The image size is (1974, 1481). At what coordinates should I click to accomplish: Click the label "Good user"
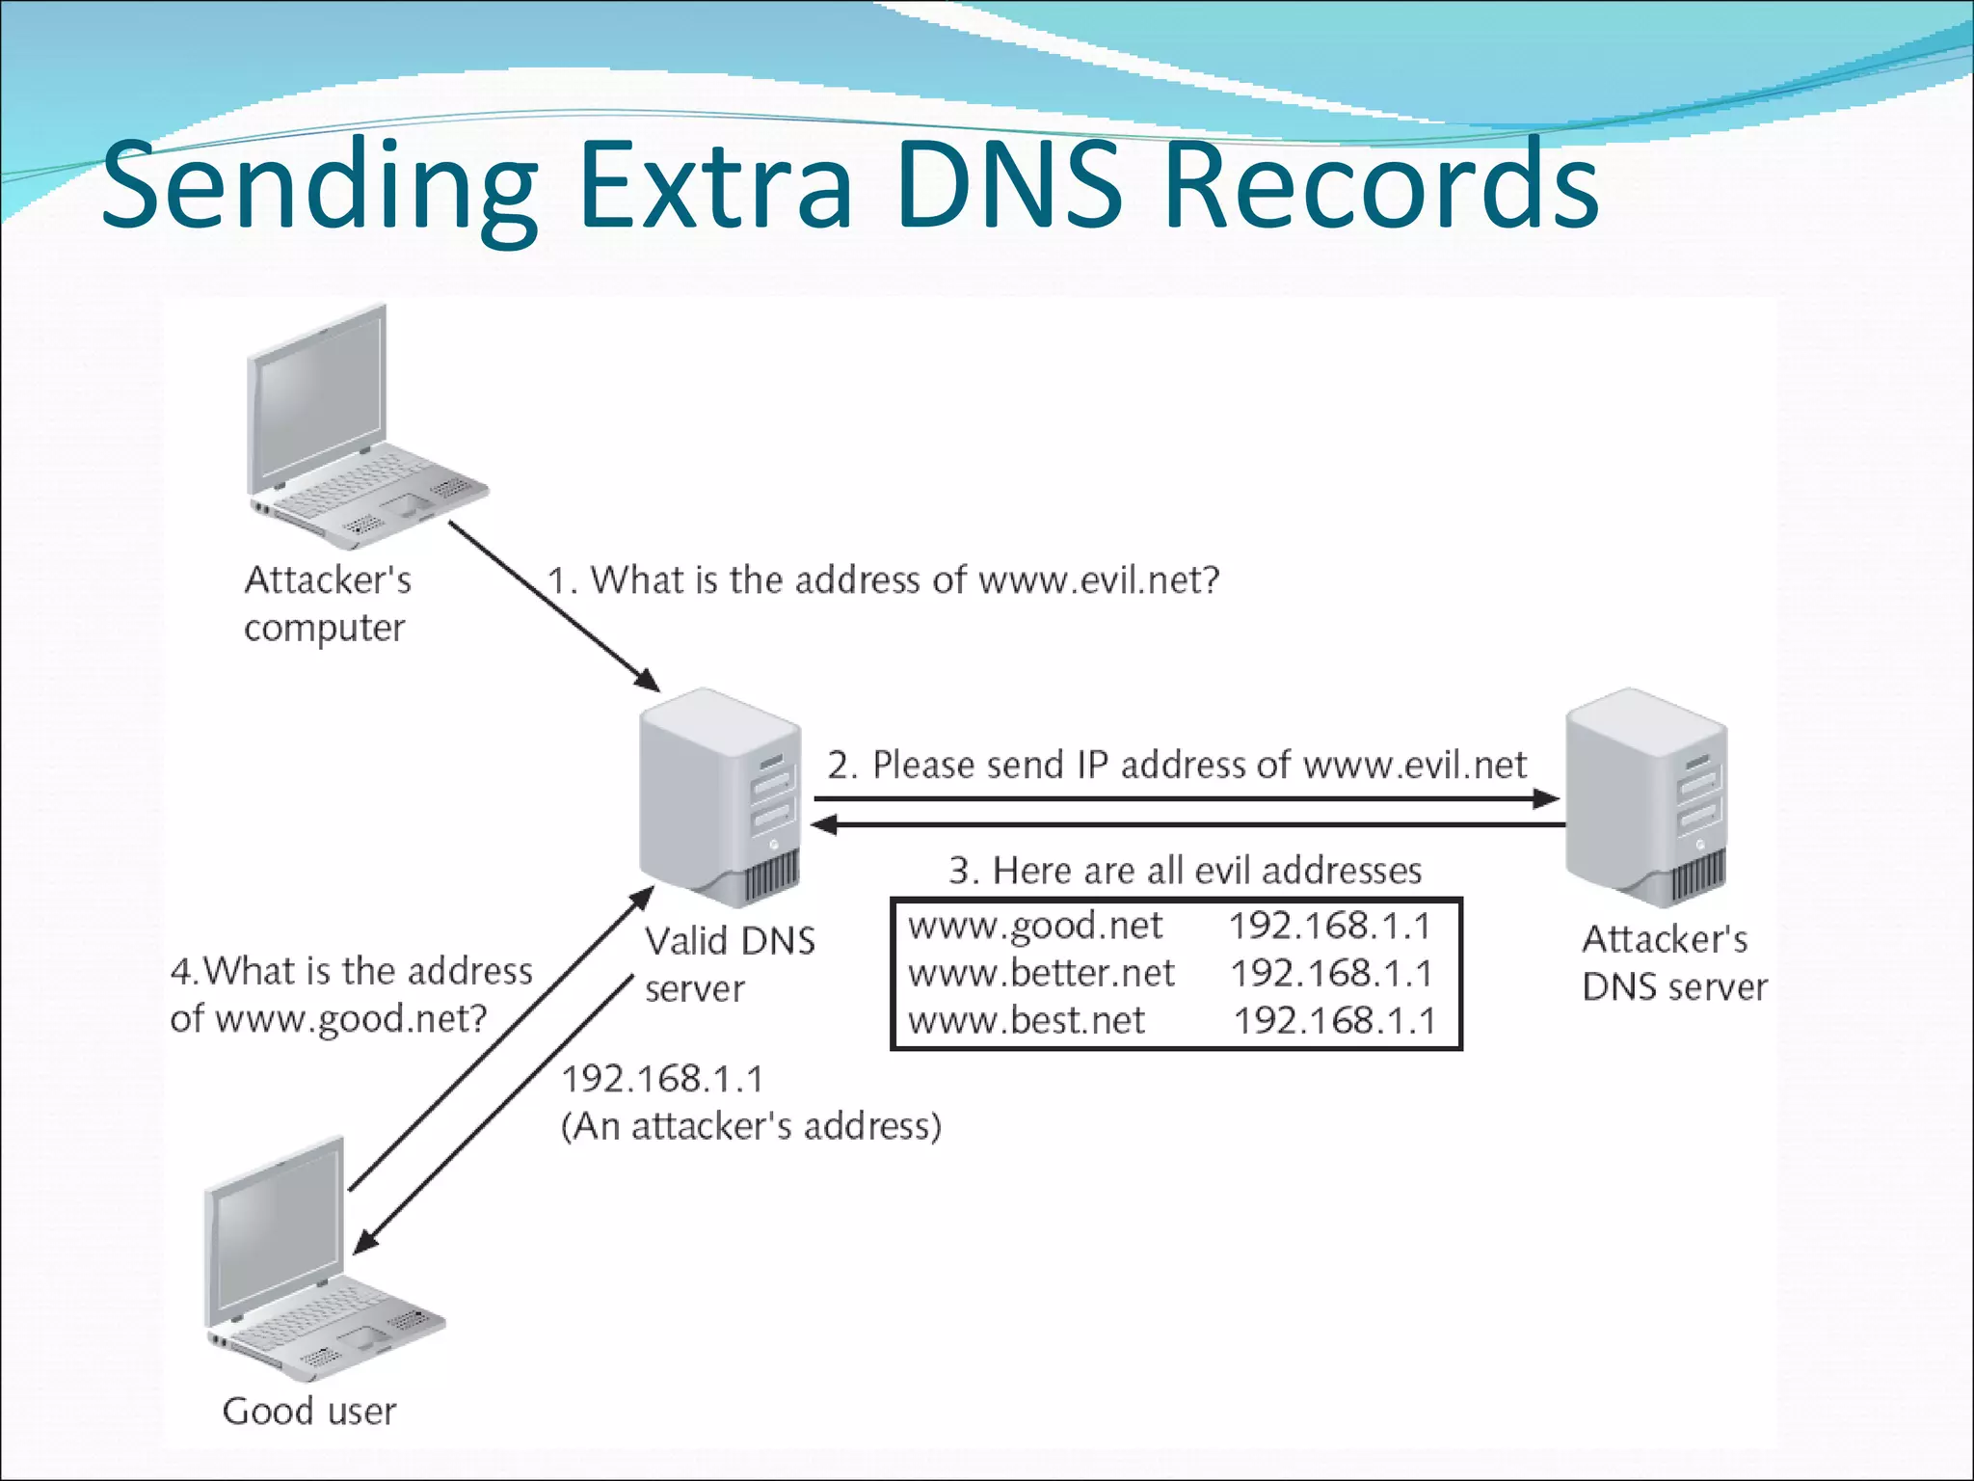coord(308,1412)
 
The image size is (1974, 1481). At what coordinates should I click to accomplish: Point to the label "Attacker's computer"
coord(327,604)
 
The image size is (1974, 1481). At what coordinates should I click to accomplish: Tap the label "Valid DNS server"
coord(729,964)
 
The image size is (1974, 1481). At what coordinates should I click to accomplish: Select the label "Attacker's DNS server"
coord(1673,962)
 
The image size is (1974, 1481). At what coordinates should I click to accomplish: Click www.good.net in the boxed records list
coord(1035,926)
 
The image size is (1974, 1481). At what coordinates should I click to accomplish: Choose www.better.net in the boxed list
coord(1041,973)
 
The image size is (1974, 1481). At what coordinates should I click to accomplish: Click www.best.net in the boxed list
coord(1027,1020)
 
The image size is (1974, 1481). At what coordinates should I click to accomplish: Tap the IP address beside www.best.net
coord(1335,1020)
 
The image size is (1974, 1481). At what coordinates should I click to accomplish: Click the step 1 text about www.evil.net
coord(883,580)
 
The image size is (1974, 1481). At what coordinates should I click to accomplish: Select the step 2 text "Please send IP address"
coord(1176,765)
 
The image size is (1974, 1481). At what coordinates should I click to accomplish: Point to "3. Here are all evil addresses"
coord(1185,871)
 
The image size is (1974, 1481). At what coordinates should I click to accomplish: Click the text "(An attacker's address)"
coord(751,1126)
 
